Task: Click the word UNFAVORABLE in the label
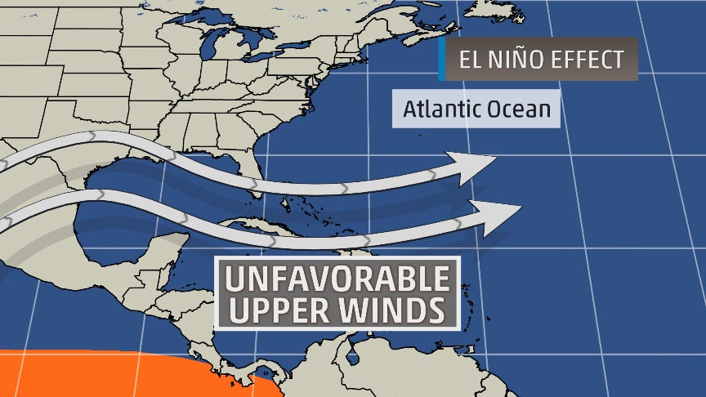[x=337, y=279]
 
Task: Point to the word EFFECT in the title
[x=587, y=60]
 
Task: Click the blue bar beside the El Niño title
[x=442, y=59]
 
